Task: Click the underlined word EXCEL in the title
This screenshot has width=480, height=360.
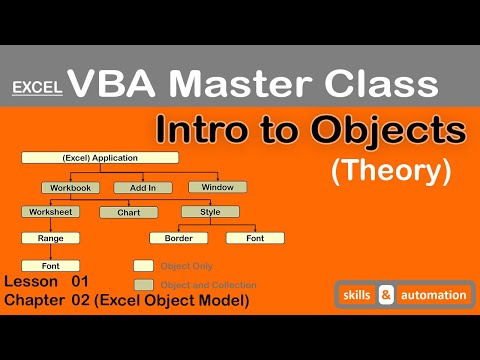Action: click(x=38, y=88)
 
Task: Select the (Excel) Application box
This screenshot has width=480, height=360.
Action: click(x=100, y=158)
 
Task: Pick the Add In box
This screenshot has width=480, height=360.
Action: click(x=136, y=187)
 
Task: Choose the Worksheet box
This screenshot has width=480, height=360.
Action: click(x=51, y=212)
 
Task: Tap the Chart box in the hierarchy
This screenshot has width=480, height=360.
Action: click(x=127, y=212)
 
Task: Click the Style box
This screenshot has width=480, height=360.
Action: click(x=209, y=212)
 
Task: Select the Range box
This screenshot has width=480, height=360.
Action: click(x=51, y=238)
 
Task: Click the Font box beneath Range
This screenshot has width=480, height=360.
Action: click(x=51, y=266)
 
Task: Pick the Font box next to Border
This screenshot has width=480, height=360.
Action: click(x=255, y=238)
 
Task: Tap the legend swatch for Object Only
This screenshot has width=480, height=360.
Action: click(x=143, y=266)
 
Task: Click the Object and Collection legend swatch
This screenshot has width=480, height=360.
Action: click(x=143, y=285)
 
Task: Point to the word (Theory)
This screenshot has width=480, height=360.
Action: click(x=390, y=173)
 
